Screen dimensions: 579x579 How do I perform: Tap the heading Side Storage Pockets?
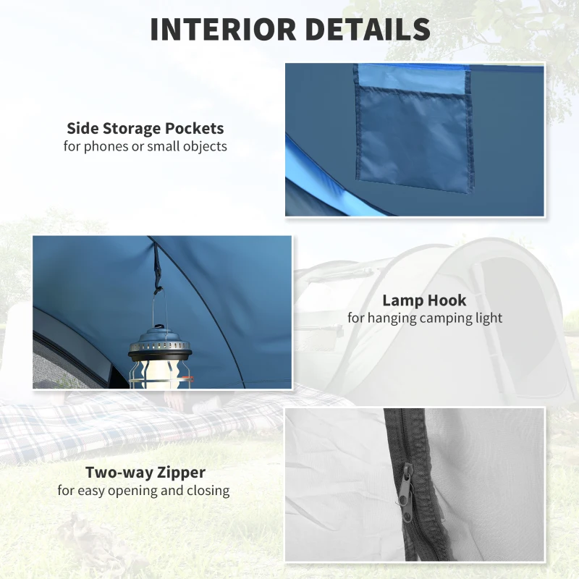point(145,129)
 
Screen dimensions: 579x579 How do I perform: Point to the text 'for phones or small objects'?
point(145,146)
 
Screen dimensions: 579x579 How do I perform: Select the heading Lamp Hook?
point(424,300)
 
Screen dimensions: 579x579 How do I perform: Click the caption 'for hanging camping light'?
point(424,318)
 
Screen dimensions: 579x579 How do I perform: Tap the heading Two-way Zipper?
point(145,473)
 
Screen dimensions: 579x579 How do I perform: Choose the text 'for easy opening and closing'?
point(144,491)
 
